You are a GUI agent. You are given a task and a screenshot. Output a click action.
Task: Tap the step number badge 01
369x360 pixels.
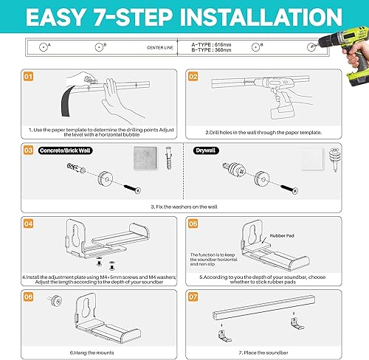(29, 76)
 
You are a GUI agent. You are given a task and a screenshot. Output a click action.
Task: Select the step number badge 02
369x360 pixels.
(193, 76)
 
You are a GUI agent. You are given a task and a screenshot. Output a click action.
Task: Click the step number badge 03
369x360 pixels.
(29, 149)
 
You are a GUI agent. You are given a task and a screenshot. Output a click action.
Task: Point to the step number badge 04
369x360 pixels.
(29, 222)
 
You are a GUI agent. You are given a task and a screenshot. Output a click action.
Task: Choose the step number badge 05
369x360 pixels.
(193, 222)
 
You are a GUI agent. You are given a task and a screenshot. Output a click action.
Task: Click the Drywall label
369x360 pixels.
(207, 150)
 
